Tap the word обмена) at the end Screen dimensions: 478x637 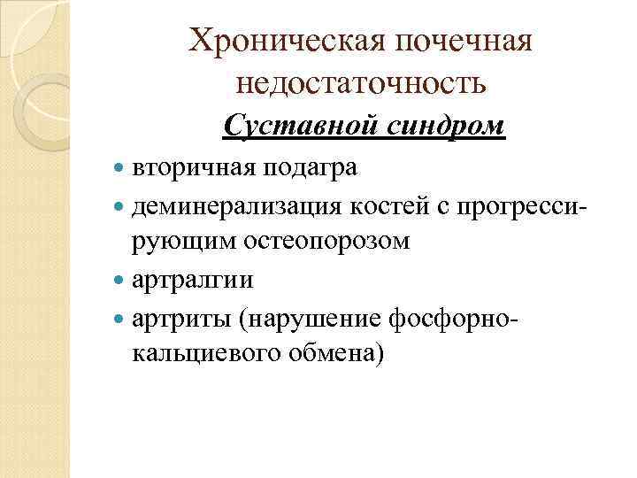337,355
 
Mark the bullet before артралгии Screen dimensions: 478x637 120,281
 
